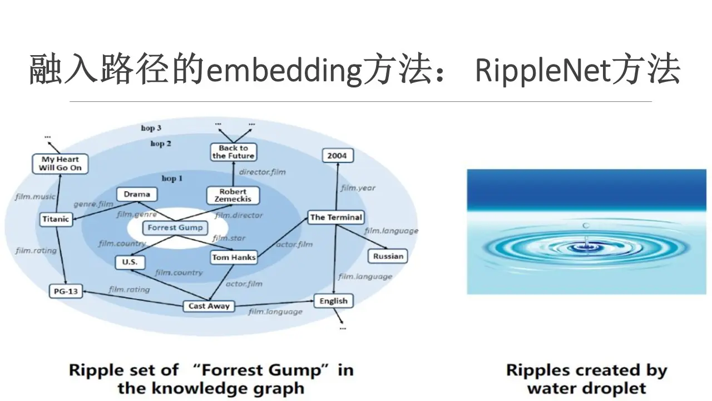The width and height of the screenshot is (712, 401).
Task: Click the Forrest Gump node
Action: click(175, 227)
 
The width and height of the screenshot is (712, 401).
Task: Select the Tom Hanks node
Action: click(234, 257)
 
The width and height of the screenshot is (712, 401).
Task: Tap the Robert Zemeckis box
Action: click(233, 195)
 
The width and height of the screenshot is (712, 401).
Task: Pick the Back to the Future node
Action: click(233, 152)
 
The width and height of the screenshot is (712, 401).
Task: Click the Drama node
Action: click(137, 194)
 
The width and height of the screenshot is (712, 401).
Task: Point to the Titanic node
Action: click(56, 219)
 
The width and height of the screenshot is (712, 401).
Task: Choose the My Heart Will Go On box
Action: click(60, 164)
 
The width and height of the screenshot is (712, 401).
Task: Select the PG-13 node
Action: click(66, 291)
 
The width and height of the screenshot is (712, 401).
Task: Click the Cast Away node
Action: click(209, 306)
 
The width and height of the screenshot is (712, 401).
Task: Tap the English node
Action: click(333, 301)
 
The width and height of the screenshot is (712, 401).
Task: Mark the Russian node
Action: click(388, 256)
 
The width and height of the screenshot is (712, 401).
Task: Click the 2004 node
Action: click(337, 156)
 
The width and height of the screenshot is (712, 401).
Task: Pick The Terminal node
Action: click(336, 217)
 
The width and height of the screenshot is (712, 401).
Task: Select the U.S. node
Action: click(130, 262)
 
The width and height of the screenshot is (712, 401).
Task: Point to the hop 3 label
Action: click(151, 128)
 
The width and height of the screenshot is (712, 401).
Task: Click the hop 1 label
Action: click(172, 178)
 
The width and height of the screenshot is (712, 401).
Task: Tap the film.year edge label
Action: click(358, 188)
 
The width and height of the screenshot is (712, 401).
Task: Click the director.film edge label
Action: click(262, 172)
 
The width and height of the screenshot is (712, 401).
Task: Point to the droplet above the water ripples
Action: click(586, 225)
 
